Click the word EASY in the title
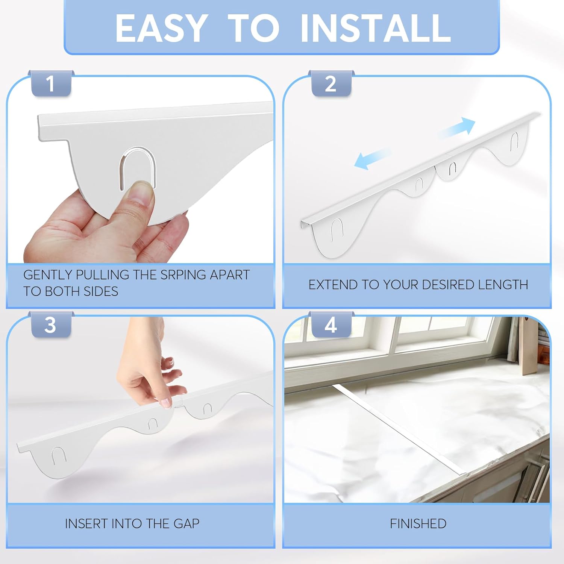(x=161, y=28)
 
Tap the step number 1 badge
(x=50, y=83)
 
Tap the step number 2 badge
(x=331, y=83)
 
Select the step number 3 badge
(x=50, y=325)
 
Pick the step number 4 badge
(x=331, y=325)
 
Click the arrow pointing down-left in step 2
(x=372, y=158)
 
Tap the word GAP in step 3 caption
(x=186, y=523)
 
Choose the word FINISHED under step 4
(x=418, y=523)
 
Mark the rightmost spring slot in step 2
(x=514, y=142)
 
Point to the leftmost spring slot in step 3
(x=59, y=455)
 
